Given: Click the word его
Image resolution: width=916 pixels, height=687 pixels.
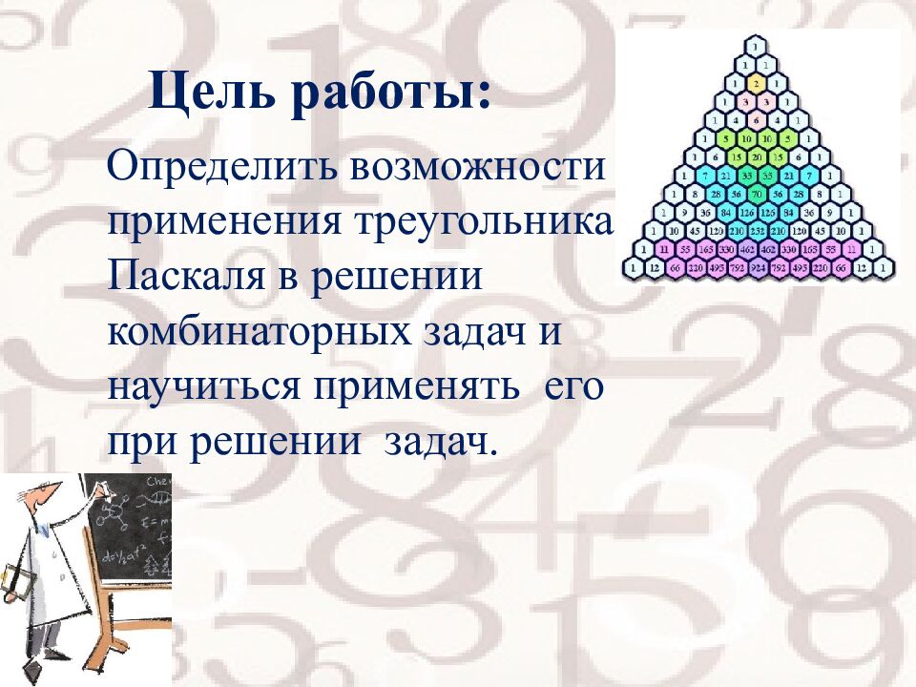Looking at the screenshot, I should pyautogui.click(x=574, y=388).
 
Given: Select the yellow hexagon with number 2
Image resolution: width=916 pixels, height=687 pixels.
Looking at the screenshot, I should pyautogui.click(x=756, y=83).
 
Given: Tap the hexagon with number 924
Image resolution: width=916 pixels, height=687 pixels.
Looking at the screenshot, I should pyautogui.click(x=756, y=269).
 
